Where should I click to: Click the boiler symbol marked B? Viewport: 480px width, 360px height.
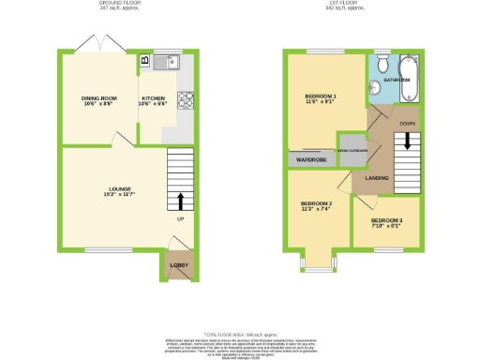(144, 61)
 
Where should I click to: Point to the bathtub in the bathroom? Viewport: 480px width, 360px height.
(412, 78)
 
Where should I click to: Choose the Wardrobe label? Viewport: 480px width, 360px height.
(311, 160)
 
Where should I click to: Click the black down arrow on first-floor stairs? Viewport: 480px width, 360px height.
(407, 141)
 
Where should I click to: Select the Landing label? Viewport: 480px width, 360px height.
(378, 176)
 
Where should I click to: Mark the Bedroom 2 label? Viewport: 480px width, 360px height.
(317, 206)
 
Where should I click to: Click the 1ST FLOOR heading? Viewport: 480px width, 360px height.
(359, 4)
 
